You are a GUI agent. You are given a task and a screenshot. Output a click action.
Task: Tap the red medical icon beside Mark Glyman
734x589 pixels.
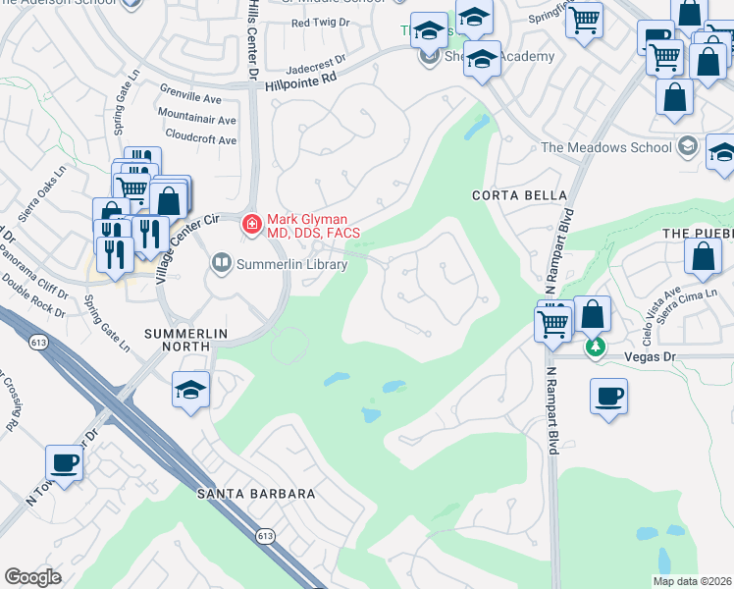[251, 225]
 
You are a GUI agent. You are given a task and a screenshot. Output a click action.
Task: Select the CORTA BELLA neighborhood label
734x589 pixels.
[508, 195]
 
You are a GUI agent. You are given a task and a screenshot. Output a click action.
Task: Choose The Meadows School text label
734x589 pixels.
[606, 148]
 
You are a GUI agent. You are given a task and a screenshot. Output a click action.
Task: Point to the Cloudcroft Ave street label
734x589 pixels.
[200, 139]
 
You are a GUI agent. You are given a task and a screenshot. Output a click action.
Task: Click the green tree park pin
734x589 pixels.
[593, 348]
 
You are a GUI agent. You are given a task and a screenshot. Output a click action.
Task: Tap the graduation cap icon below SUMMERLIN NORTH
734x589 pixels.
[190, 390]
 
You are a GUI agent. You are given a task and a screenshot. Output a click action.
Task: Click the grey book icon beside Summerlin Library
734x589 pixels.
[222, 262]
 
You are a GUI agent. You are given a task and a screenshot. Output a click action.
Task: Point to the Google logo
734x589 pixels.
[32, 577]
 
